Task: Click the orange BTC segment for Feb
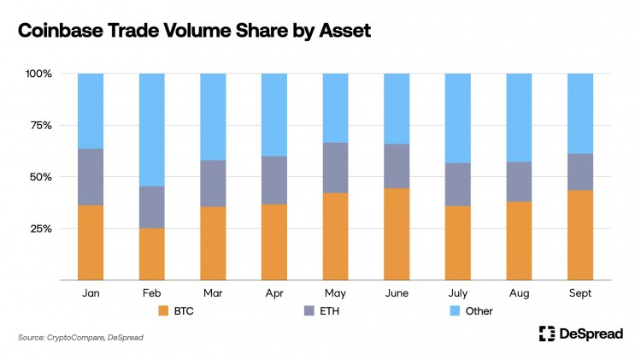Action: [152, 254]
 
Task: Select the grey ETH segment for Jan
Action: [91, 177]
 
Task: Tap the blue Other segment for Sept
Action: [581, 114]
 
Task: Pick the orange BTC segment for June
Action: [397, 234]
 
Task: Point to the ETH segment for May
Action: [336, 168]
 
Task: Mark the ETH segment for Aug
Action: [520, 181]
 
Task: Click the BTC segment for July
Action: [458, 243]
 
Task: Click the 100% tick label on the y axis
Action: [38, 74]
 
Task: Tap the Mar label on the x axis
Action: [213, 292]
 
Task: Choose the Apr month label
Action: [274, 292]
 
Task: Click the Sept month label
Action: [581, 292]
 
